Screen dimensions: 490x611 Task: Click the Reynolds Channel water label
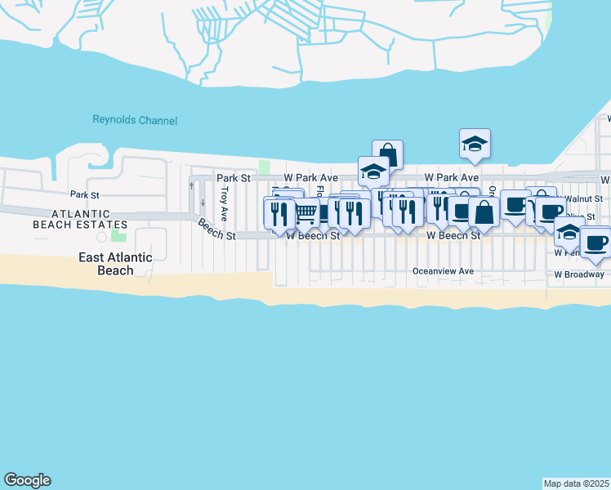point(134,121)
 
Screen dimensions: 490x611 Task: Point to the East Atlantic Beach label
point(115,264)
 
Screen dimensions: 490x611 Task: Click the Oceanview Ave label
point(443,271)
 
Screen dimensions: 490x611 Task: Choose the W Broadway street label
point(579,274)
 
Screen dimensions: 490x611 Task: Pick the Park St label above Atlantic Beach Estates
point(84,194)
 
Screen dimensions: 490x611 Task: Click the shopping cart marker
point(306,214)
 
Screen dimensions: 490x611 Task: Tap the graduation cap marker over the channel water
point(475,144)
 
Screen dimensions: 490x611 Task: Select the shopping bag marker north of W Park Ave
point(387,154)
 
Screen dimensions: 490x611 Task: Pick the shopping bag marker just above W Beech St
point(484,212)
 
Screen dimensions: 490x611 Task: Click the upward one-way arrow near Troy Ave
point(191,185)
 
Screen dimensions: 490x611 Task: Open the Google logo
point(27,480)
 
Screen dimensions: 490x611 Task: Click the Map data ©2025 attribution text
point(576,483)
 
